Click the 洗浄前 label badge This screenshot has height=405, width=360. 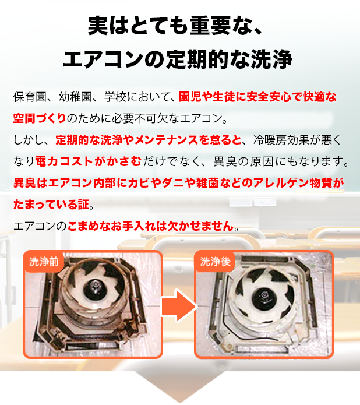click(x=44, y=262)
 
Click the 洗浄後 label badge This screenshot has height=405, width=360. click(x=215, y=262)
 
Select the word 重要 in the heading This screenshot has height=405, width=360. click(x=210, y=26)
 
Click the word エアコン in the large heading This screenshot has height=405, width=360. click(x=103, y=59)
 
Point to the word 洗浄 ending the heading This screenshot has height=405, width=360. click(x=271, y=59)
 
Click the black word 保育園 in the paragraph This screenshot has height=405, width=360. click(x=30, y=97)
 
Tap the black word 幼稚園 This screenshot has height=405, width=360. click(x=75, y=97)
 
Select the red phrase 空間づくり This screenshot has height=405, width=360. click(x=40, y=118)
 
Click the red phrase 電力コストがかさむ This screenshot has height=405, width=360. click(x=89, y=161)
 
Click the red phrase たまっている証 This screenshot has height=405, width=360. click(x=51, y=205)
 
